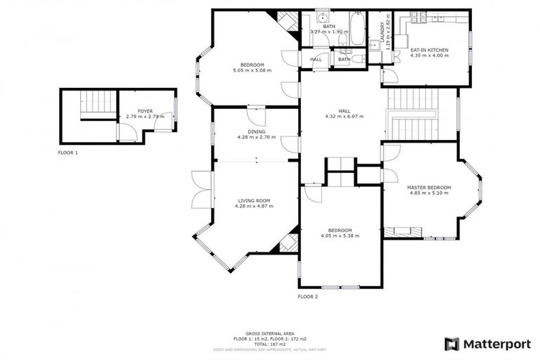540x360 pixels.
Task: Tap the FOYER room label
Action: point(145,111)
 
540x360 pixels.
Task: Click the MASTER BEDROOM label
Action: point(429,187)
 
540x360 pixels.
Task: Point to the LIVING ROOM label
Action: point(253,201)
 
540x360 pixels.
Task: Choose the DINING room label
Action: point(257,131)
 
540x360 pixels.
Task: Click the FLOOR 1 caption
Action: point(68,152)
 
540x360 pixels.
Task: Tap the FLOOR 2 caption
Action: point(308,297)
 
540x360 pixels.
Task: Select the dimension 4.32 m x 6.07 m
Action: point(344,116)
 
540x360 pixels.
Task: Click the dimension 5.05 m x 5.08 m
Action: point(252,70)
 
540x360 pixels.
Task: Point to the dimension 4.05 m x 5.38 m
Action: point(340,236)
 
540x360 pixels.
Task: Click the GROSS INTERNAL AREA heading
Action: point(270,333)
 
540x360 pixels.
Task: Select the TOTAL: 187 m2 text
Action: point(270,343)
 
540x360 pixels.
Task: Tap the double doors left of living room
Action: point(201,190)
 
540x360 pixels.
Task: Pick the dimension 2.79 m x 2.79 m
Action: point(145,116)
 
